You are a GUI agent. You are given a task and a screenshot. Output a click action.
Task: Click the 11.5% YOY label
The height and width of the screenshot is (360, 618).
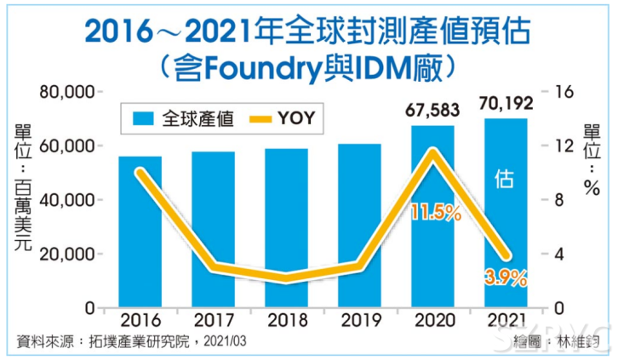(433, 212)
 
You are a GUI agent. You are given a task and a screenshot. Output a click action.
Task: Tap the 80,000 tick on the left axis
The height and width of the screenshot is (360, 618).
(66, 92)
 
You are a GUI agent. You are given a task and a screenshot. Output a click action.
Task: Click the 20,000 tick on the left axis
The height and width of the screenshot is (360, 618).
(66, 254)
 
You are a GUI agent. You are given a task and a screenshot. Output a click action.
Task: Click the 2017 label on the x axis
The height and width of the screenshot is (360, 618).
(213, 321)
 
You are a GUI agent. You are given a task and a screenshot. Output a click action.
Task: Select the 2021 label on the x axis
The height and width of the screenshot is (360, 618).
(506, 321)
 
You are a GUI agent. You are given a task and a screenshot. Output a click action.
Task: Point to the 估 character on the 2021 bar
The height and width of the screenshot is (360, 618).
(505, 179)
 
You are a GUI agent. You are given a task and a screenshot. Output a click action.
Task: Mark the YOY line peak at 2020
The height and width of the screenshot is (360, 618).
(433, 152)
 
